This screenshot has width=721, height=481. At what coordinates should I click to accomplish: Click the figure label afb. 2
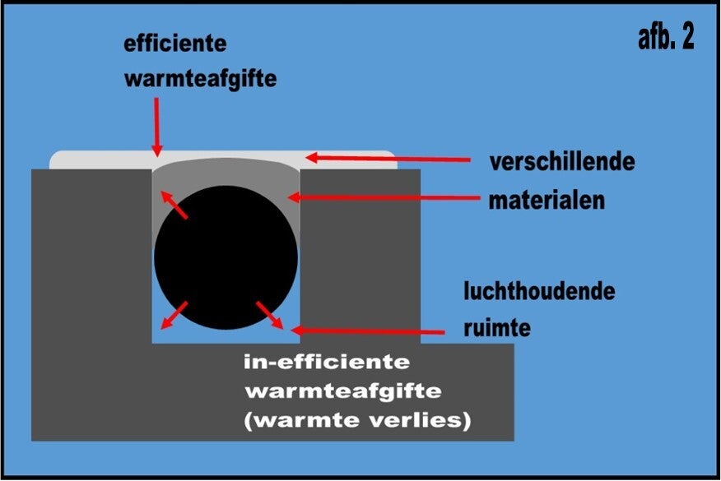point(665,38)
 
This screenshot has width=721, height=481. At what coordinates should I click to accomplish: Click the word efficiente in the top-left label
point(174,43)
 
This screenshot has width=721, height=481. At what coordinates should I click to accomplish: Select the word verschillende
point(561,161)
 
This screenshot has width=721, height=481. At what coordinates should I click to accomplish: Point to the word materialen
point(547,200)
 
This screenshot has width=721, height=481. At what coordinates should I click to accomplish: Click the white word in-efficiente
point(328,361)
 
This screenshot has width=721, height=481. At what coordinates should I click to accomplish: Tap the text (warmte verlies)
point(358,420)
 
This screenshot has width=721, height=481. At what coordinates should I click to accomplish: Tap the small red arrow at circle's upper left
point(174,205)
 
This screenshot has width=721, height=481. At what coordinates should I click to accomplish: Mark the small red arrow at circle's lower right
point(269,314)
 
